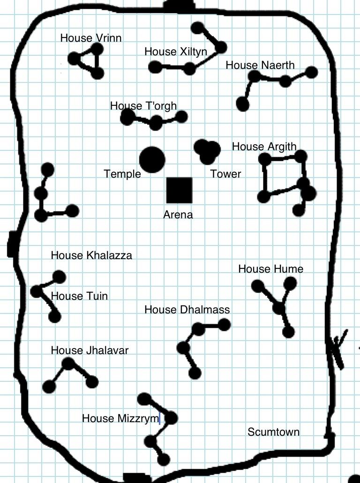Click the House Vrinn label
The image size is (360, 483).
(90, 38)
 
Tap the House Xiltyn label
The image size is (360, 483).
(176, 52)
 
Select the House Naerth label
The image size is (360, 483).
(260, 65)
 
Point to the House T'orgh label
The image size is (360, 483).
(143, 106)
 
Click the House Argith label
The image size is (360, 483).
(264, 147)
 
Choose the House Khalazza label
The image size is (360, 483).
(91, 256)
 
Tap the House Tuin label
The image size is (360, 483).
(79, 296)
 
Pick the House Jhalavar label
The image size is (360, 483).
(90, 350)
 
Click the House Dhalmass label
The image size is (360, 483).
(187, 310)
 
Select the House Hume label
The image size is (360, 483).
(270, 269)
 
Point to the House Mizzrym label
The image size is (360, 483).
(120, 418)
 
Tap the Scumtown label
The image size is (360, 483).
(273, 432)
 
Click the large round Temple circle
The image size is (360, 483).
(152, 159)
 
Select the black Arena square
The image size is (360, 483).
(180, 191)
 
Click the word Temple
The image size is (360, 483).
(122, 174)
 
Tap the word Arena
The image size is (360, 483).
(178, 215)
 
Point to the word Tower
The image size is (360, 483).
(225, 174)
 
